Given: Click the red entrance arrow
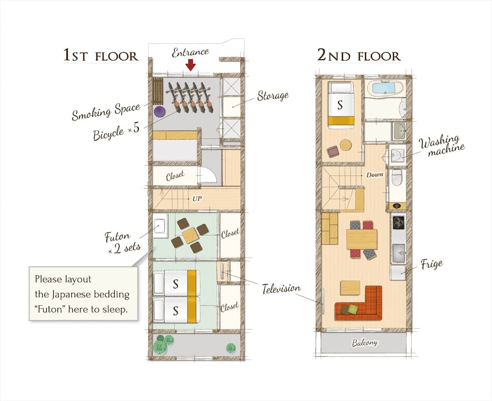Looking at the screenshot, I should [190, 64].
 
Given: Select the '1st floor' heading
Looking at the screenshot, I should [100, 55].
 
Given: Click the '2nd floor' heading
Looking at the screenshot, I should [359, 55].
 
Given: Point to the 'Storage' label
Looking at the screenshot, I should [273, 95].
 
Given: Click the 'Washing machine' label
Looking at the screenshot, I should [441, 145].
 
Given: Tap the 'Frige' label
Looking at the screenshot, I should [431, 264].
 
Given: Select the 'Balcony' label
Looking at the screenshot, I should [364, 343].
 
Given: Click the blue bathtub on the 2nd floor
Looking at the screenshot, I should [384, 88].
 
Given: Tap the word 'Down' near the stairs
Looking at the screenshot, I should [374, 174].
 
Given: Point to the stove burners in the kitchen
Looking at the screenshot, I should [398, 222].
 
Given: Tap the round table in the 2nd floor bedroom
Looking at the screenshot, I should [346, 145].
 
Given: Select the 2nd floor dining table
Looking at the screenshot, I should [362, 239].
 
